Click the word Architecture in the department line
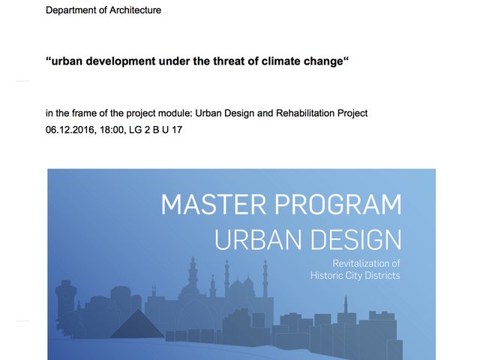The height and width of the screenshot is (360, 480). tap(135, 10)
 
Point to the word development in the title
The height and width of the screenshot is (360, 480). tap(121, 61)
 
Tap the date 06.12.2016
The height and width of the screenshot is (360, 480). tap(70, 130)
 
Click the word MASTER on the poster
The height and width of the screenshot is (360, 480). tap(214, 205)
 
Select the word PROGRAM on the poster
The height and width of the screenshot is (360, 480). tap(338, 205)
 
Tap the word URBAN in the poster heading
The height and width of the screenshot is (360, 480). tap(258, 240)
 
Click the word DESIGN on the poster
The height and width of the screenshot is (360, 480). tap(355, 240)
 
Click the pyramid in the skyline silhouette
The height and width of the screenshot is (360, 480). tap(138, 325)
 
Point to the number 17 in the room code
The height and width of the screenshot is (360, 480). tap(177, 130)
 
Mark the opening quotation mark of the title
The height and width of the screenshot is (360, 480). tap(48, 58)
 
